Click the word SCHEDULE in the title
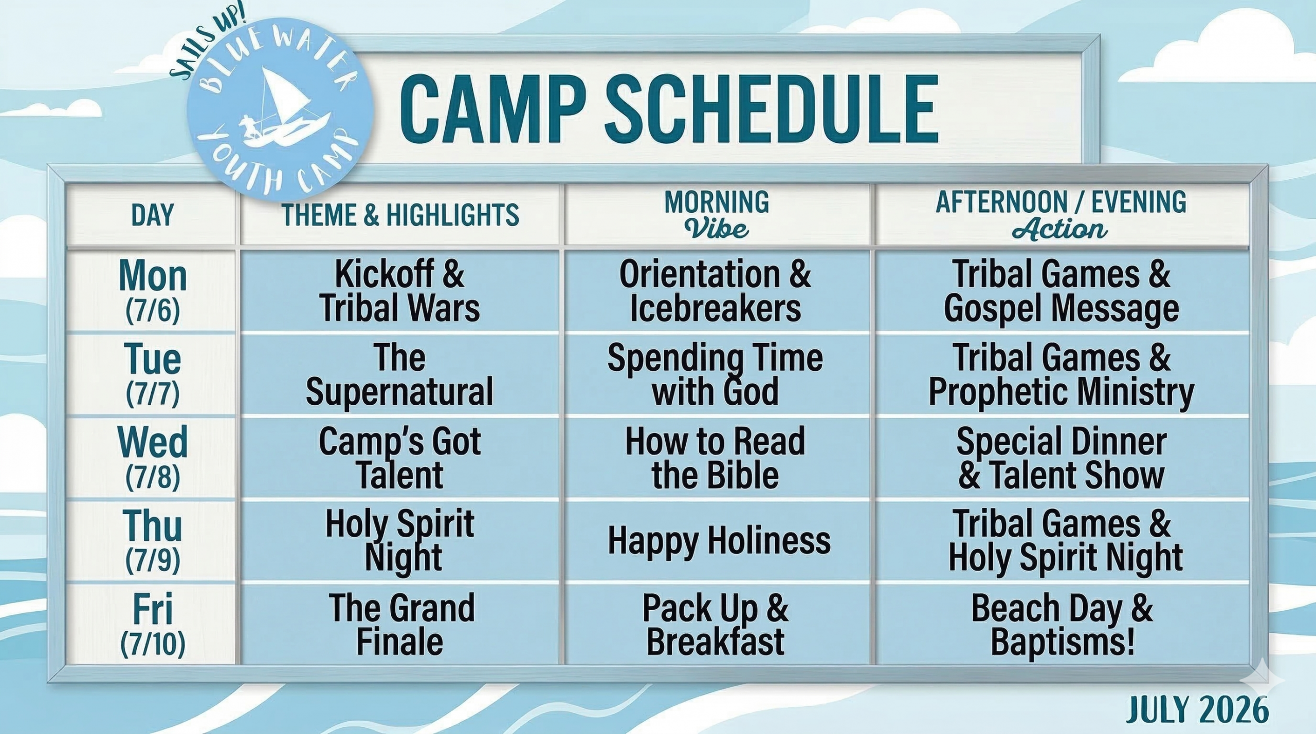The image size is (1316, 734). [771, 108]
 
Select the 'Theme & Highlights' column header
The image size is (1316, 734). [400, 215]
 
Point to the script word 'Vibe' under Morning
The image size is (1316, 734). [717, 229]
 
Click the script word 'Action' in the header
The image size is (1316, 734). [1060, 229]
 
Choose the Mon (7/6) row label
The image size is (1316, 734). [153, 291]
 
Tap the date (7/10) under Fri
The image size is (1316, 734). [153, 644]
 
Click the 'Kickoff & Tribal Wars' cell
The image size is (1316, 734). [400, 291]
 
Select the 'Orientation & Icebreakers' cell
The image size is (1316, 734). [716, 291]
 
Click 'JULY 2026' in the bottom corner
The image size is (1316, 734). [1197, 710]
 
